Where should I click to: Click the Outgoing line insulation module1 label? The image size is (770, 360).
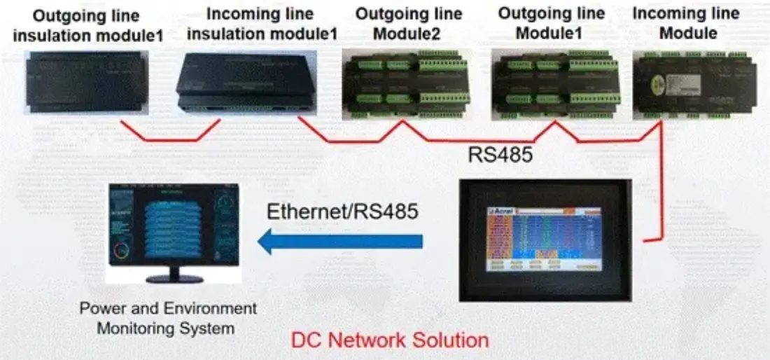[x=87, y=25]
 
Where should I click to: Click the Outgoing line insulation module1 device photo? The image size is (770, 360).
[x=87, y=82]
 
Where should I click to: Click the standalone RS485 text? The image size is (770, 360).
[x=500, y=155]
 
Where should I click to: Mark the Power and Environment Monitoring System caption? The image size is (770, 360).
[x=168, y=318]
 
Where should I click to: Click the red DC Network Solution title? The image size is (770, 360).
[x=390, y=341]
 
